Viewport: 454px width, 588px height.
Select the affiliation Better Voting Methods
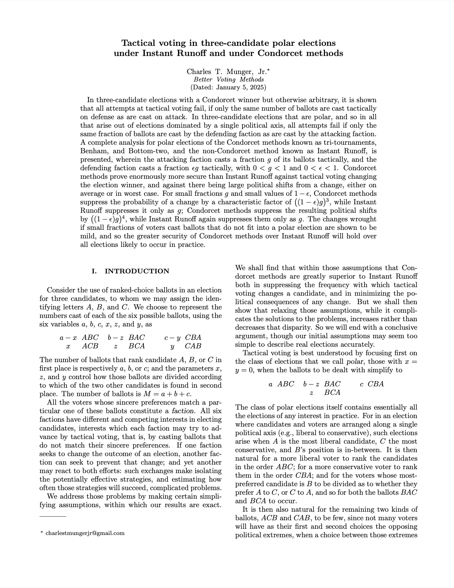coord(228,80)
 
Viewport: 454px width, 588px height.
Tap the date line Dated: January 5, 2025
coord(228,87)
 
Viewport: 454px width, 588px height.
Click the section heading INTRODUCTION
coord(137,271)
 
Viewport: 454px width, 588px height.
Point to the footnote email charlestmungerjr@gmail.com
coord(85,533)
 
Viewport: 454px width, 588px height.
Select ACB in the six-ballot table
coord(90,346)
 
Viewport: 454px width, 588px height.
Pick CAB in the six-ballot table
coord(193,346)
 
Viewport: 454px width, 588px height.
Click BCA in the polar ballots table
coord(332,392)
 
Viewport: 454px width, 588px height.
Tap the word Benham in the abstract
coord(92,151)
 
